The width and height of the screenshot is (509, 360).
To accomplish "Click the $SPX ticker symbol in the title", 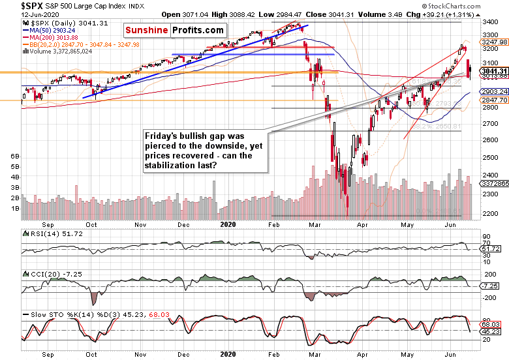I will click(14, 6).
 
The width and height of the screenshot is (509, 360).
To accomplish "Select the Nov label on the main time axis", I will click(141, 224).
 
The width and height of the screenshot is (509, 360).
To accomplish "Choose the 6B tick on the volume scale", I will click(14, 157).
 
